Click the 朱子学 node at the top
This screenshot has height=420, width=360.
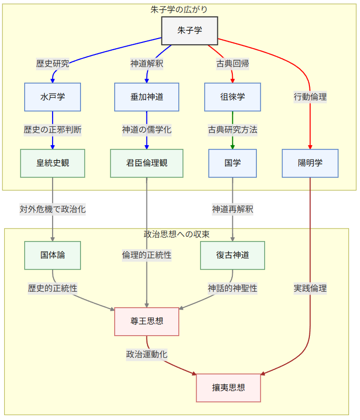(x=189, y=31)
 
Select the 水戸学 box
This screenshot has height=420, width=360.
(x=53, y=97)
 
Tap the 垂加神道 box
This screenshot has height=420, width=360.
(x=147, y=97)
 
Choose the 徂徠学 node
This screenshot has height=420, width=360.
(x=232, y=97)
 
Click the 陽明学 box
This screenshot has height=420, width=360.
(x=310, y=163)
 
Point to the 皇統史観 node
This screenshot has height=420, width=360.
(x=53, y=163)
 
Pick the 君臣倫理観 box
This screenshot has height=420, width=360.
(x=147, y=163)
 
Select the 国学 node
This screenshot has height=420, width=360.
(x=232, y=163)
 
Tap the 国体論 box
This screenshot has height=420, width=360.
(x=53, y=255)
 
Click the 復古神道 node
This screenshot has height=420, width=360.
(x=232, y=255)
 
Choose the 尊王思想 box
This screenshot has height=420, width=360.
(x=147, y=321)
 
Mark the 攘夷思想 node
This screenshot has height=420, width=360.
(x=228, y=387)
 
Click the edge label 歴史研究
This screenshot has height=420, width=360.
(x=53, y=64)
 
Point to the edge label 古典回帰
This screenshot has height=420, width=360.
(x=232, y=64)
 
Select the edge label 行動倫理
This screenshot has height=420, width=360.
(x=310, y=97)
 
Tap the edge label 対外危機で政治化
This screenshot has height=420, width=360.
(x=53, y=209)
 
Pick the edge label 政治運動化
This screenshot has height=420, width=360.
(x=147, y=354)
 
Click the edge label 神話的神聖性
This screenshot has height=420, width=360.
(x=232, y=288)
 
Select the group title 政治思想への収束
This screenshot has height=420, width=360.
(x=176, y=234)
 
